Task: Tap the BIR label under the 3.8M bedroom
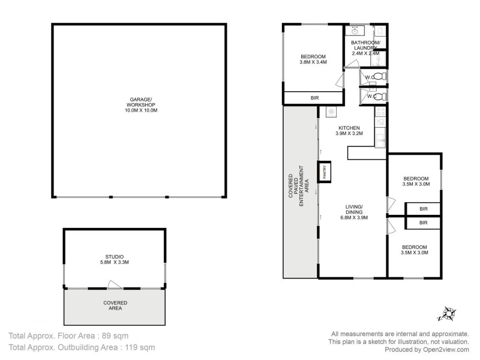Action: point(314,98)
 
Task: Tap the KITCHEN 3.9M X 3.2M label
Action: point(349,131)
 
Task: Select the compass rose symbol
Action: point(447,313)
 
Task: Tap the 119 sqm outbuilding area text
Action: point(139,347)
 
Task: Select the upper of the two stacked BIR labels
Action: point(424,209)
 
